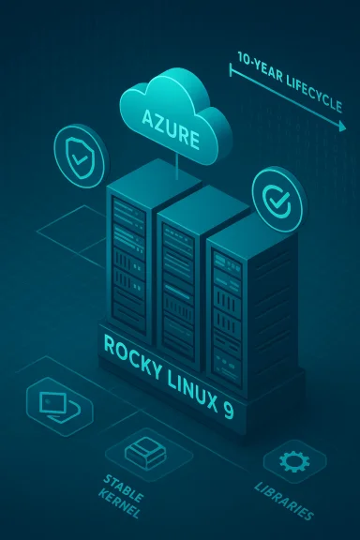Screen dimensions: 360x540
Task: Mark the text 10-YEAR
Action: (x=257, y=73)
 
